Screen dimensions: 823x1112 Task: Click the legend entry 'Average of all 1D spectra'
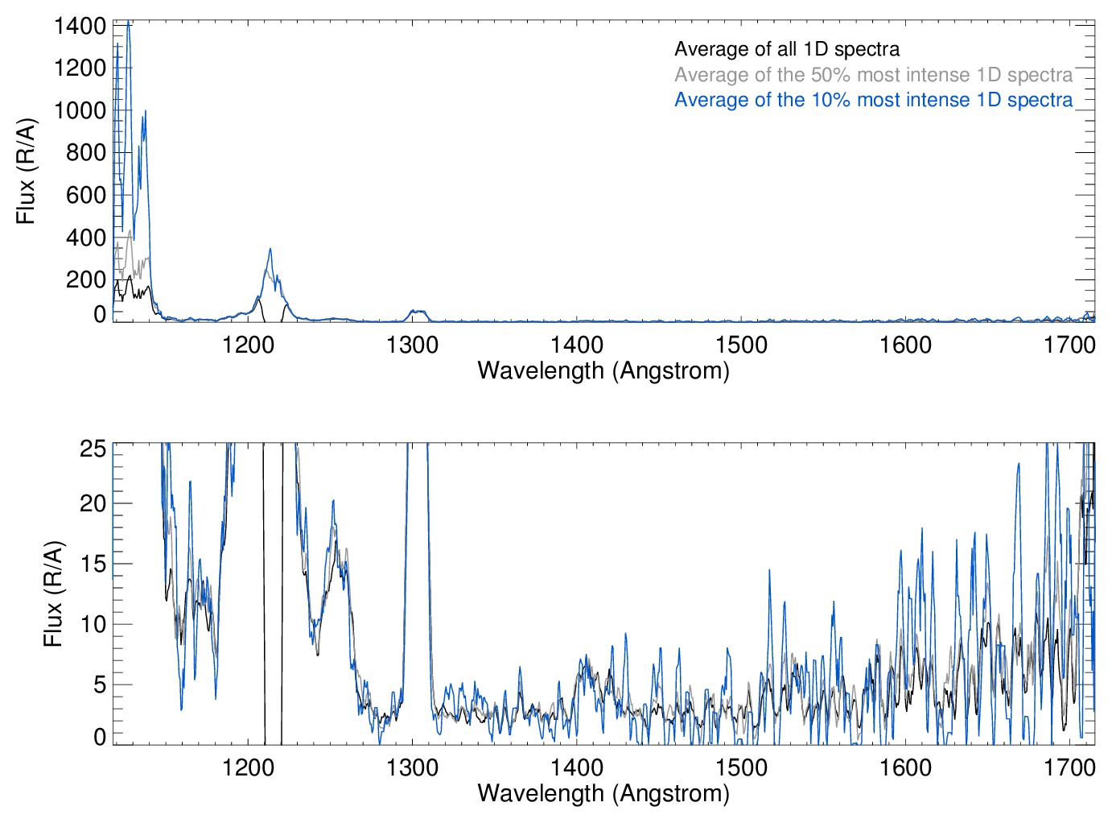coord(786,49)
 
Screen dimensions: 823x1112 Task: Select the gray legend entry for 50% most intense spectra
coord(873,75)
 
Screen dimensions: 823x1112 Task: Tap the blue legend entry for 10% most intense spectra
coord(873,100)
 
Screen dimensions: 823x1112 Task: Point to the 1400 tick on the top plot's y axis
coord(80,26)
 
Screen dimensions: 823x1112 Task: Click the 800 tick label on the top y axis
coord(87,152)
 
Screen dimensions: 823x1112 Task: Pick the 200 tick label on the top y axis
coord(87,279)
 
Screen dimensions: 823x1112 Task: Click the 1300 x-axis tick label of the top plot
coord(412,345)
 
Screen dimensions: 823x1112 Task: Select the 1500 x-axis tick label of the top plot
coord(741,345)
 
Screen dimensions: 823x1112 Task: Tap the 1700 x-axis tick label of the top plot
coord(1069,345)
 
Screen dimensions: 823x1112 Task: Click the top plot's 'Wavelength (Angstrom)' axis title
coord(603,370)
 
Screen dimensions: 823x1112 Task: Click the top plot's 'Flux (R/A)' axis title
coord(26,172)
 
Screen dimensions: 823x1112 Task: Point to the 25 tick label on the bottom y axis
coord(93,449)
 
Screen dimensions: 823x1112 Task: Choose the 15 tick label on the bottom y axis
coord(93,564)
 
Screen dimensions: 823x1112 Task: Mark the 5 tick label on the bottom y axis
coord(99,684)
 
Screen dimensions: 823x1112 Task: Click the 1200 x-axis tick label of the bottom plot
coord(248,767)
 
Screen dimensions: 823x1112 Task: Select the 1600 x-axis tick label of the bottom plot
coord(905,767)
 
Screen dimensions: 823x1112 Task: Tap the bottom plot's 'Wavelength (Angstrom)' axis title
coord(603,793)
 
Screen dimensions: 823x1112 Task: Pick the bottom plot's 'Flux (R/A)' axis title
coord(52,594)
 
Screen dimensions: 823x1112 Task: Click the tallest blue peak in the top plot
coord(128,24)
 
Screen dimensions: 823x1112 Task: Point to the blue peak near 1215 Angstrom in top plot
coord(270,249)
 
